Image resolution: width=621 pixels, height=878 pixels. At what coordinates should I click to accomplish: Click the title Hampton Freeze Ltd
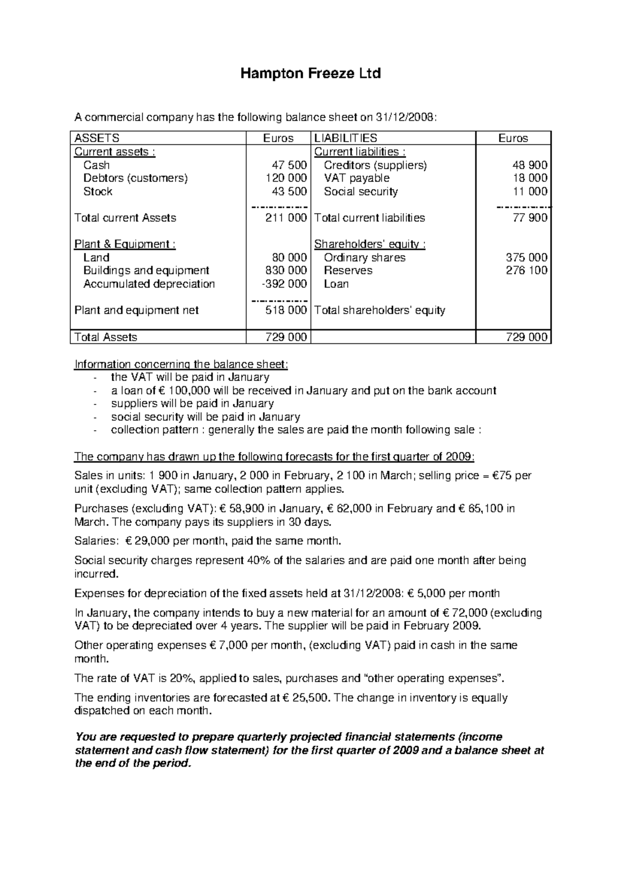pos(310,73)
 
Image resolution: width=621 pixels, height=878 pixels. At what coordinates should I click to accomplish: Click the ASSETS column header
pos(97,138)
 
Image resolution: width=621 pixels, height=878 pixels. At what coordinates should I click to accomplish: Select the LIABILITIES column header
pos(346,138)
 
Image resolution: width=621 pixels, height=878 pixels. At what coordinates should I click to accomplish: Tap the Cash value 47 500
pos(289,165)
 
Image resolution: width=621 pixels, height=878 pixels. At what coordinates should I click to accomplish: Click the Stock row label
pos(98,191)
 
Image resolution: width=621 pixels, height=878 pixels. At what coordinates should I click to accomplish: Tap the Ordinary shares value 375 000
pos(526,258)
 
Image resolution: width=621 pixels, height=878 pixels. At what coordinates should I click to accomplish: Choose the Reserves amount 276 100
pos(526,270)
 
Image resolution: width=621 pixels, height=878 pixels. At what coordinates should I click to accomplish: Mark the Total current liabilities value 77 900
pos(530,218)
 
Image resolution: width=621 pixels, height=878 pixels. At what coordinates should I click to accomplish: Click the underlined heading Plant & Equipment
pos(125,244)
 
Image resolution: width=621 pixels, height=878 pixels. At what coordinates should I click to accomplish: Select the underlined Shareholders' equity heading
pos(370,244)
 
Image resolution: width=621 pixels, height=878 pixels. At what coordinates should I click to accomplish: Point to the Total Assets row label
pos(106,337)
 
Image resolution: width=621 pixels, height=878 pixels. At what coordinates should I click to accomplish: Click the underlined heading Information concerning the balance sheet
pos(181,365)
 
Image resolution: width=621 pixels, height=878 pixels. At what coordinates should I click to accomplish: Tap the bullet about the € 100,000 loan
pos(303,390)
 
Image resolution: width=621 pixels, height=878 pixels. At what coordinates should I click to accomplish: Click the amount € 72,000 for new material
pos(465,613)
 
